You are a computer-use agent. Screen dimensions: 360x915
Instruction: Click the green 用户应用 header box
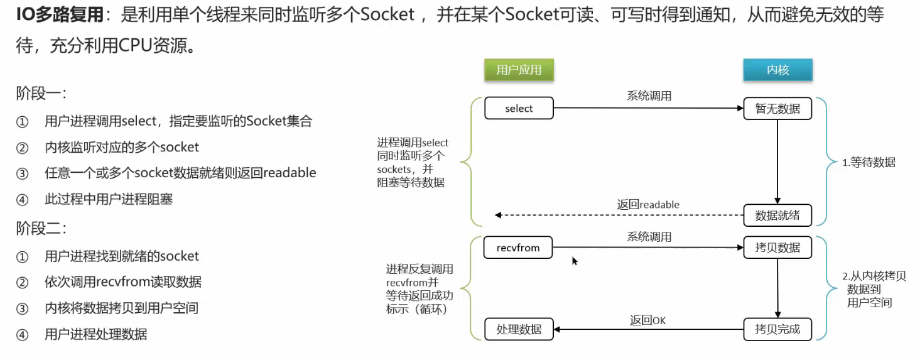click(x=519, y=70)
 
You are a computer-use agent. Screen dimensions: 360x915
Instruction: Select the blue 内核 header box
click(x=777, y=70)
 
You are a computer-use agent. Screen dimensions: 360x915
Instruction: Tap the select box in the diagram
click(x=519, y=108)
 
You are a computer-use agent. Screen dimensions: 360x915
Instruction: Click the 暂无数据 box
click(x=777, y=109)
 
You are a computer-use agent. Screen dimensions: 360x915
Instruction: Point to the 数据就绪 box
click(x=777, y=215)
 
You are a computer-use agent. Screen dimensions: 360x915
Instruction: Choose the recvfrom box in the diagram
click(x=518, y=248)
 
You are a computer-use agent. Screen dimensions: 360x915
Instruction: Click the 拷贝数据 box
click(x=777, y=248)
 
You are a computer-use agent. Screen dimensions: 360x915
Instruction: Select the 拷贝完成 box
click(x=777, y=329)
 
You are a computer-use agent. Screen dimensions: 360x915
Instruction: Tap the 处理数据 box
click(x=519, y=329)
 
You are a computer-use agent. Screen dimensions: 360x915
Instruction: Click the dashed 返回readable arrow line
click(x=619, y=215)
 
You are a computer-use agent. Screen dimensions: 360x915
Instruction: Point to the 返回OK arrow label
click(x=647, y=320)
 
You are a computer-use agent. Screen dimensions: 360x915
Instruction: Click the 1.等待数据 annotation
click(x=869, y=162)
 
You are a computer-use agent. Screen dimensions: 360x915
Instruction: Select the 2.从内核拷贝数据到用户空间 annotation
click(x=873, y=289)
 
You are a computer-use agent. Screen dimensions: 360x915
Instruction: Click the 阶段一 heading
click(x=41, y=94)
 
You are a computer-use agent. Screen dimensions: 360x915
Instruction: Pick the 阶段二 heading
click(x=41, y=228)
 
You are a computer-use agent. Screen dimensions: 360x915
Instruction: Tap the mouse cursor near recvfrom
click(x=575, y=260)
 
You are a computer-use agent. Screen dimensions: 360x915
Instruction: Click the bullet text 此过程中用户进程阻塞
click(x=109, y=199)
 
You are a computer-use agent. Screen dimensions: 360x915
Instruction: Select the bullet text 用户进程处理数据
click(x=96, y=334)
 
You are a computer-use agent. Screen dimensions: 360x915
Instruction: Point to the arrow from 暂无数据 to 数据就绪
click(x=777, y=161)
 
